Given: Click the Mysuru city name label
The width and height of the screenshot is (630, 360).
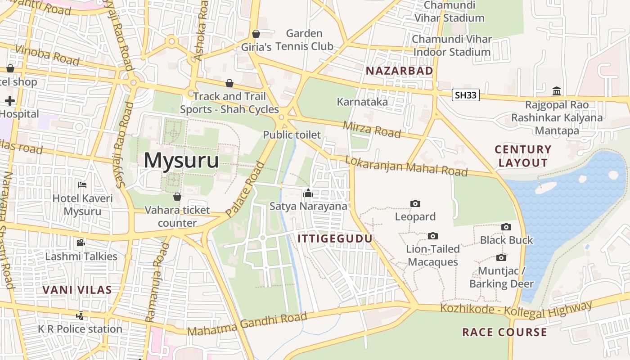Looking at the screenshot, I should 181,161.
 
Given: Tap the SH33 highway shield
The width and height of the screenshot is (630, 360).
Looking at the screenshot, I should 465,95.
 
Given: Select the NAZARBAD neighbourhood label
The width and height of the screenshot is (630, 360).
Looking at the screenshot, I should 399,71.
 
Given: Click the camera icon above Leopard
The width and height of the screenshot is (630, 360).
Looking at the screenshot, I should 415,204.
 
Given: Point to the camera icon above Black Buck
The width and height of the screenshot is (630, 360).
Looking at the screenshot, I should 506,227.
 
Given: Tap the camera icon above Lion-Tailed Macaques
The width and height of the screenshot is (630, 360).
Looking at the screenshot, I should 433,236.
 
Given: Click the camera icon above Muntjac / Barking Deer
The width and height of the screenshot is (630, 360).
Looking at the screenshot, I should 501,258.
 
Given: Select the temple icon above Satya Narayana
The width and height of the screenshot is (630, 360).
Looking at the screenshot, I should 308,193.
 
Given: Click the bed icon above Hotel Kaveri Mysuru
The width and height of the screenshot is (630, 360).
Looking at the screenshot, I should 82,185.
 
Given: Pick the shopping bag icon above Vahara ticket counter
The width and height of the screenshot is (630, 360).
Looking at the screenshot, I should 177,197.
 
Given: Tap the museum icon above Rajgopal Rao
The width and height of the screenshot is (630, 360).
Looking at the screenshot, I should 557,91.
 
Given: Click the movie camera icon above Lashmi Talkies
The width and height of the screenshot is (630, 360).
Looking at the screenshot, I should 81,243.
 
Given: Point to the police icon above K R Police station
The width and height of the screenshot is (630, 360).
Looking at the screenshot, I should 80,316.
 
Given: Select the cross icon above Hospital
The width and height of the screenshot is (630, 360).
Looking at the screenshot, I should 10,101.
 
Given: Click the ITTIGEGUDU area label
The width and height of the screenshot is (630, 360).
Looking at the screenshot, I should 335,238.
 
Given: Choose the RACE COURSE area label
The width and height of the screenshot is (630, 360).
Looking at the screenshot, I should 504,333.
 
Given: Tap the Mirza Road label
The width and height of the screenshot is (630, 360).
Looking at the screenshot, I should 372,129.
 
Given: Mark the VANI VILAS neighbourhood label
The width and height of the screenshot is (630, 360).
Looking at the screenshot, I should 77,290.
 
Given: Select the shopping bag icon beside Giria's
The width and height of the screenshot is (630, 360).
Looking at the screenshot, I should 256,34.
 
